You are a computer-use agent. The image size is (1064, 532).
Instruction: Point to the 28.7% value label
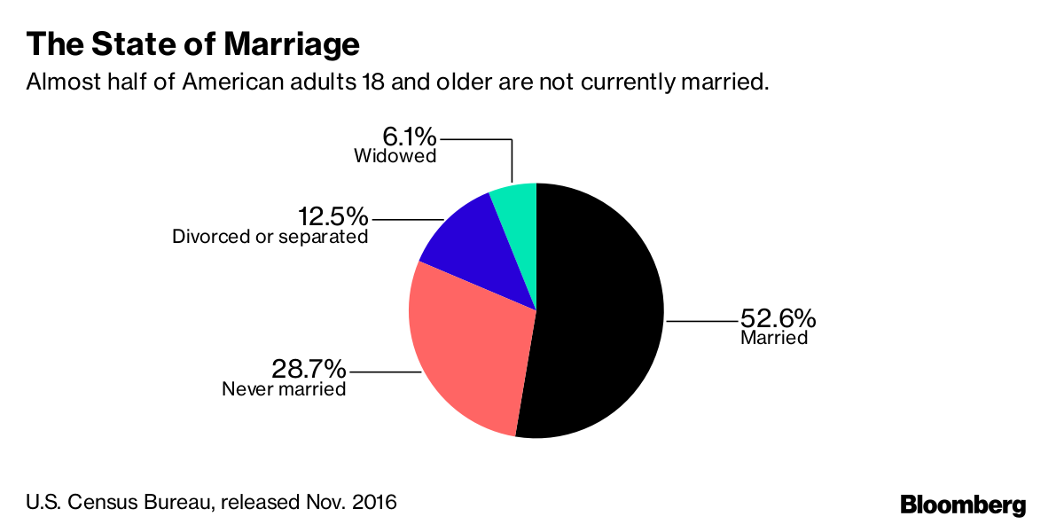tap(309, 368)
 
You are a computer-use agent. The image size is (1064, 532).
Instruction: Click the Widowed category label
tap(395, 157)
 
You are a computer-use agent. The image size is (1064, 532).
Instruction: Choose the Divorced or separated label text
tap(270, 238)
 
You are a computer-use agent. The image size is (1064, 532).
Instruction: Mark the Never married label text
tap(284, 388)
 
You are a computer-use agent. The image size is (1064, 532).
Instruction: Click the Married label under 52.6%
tap(774, 338)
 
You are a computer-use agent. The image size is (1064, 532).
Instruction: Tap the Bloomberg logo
tap(963, 505)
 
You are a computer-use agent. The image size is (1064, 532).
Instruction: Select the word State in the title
tap(119, 44)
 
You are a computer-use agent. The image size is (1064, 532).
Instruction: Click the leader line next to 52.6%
tap(700, 320)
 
